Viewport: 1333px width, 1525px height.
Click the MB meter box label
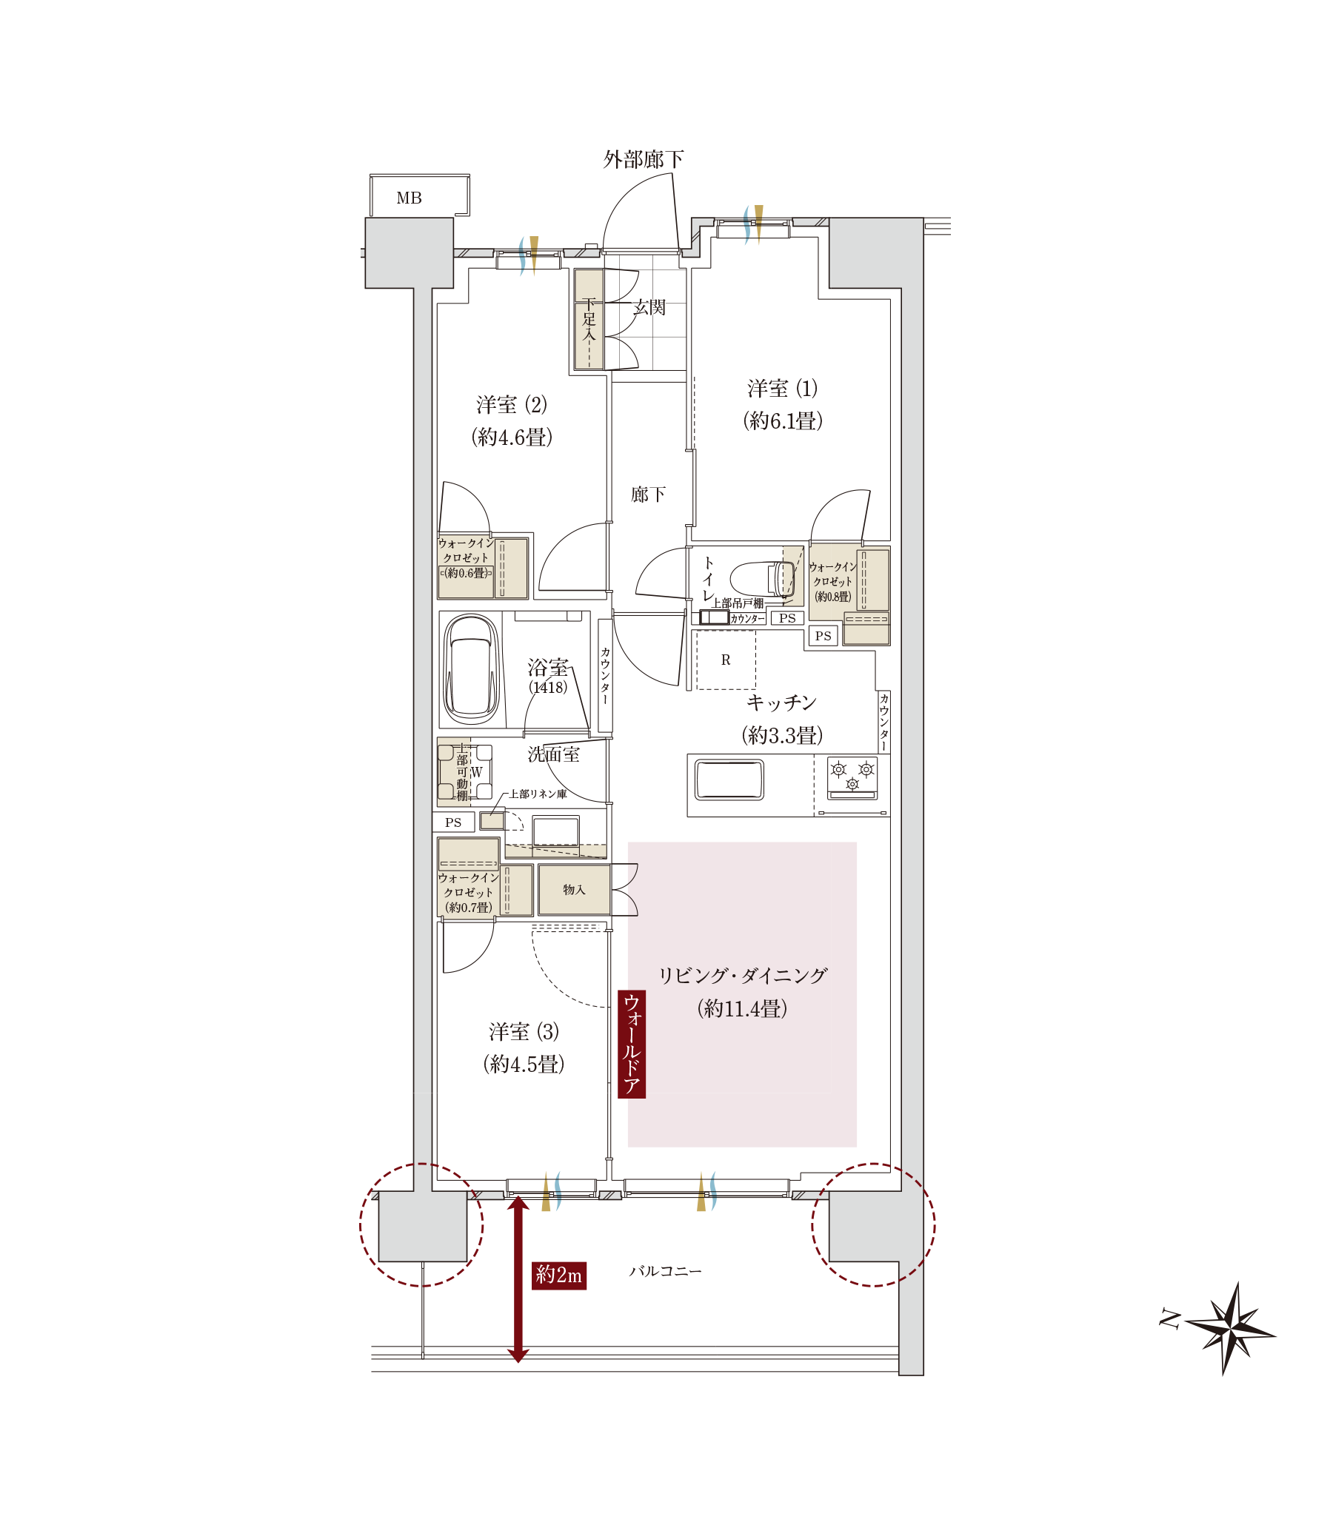(x=409, y=198)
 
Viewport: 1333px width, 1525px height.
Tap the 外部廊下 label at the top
(x=644, y=159)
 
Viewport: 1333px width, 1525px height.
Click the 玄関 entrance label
(x=649, y=307)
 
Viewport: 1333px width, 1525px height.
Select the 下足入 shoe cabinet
(x=589, y=319)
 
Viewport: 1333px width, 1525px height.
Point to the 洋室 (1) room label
(x=783, y=388)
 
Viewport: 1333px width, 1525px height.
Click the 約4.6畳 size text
(x=512, y=437)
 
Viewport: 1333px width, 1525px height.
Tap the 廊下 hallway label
(x=648, y=495)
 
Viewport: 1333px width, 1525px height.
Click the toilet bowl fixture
(x=763, y=579)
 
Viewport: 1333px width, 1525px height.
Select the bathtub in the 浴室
(x=471, y=668)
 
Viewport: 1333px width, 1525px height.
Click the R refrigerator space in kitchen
(x=726, y=660)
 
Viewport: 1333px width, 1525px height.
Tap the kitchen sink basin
(x=729, y=780)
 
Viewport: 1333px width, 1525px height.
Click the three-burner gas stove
(x=852, y=778)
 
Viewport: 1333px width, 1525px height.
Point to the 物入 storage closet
(x=574, y=889)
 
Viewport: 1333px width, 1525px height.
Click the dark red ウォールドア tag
(x=632, y=1044)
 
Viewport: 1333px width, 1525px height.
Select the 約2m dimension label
(x=559, y=1276)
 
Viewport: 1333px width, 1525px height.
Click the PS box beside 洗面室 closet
(x=453, y=822)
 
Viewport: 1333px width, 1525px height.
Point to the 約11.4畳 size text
(x=742, y=1008)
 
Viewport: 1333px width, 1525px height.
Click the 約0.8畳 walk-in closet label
(x=833, y=597)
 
